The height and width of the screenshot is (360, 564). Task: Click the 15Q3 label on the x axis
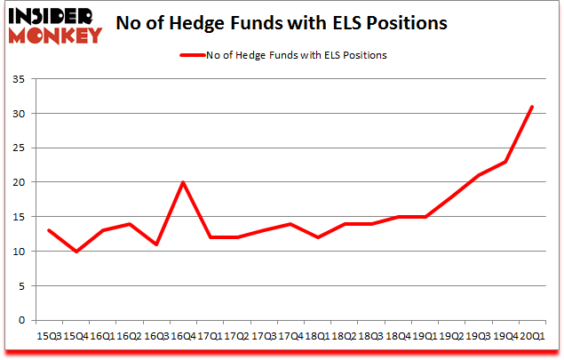click(49, 337)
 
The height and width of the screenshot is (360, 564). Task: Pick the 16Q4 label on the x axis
click(183, 337)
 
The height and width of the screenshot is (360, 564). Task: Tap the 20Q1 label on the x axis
click(531, 337)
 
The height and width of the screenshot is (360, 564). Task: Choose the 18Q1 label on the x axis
click(317, 337)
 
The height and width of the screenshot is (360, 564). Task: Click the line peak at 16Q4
click(183, 182)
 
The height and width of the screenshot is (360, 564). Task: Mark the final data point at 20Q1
click(531, 107)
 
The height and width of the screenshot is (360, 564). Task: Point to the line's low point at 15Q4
click(75, 252)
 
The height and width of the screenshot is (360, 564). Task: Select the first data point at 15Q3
click(49, 230)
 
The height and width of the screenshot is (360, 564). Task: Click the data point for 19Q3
click(478, 175)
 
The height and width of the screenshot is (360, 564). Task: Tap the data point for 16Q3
click(156, 244)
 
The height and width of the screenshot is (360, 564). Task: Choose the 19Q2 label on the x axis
click(451, 337)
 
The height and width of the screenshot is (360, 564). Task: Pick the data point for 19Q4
click(504, 162)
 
